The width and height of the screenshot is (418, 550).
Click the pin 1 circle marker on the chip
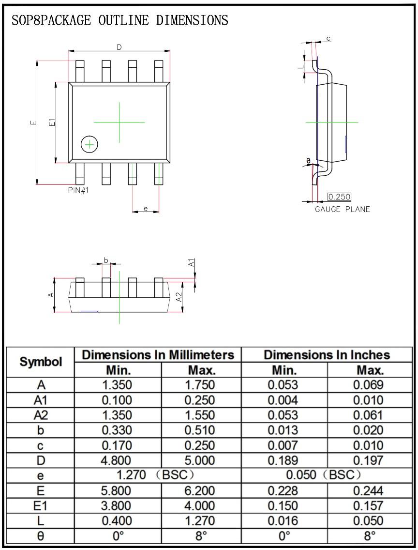coord(90,144)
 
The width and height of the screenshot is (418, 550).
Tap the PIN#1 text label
coord(78,190)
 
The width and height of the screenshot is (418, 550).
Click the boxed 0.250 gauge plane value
coord(339,197)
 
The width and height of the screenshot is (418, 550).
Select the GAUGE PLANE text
coord(342,209)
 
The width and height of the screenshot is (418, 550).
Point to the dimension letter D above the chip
coord(119,47)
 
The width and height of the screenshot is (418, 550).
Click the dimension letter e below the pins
coord(145,209)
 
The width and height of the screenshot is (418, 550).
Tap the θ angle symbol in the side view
coord(309,161)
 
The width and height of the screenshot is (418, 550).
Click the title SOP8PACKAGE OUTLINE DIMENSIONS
coord(119,20)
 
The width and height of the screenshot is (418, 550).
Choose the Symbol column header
coord(41,362)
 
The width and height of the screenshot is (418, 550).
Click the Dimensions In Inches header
coord(327,354)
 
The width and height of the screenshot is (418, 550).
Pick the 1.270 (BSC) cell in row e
coord(157,475)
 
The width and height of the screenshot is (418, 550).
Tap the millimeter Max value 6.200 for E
coord(201,490)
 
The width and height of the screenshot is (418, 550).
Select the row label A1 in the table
coord(41,400)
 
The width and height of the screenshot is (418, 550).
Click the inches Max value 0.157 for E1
coord(370,505)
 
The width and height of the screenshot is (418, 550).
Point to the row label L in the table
coord(41,520)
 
